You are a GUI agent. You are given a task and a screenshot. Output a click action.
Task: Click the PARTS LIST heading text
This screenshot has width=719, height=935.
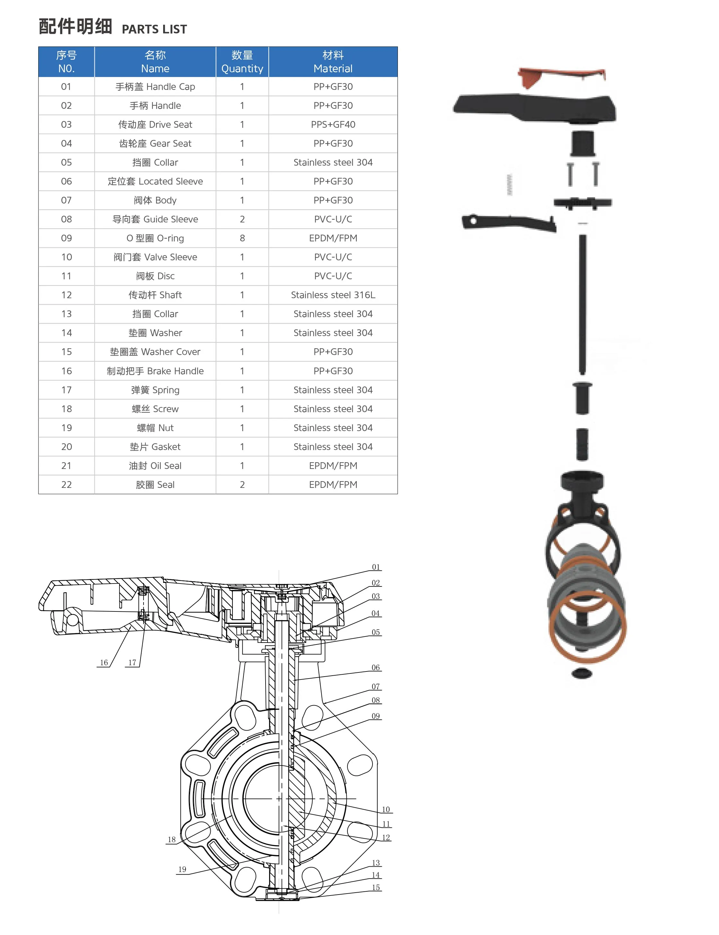tap(154, 29)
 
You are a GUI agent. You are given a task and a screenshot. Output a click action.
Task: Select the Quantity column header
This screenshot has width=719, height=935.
tap(242, 62)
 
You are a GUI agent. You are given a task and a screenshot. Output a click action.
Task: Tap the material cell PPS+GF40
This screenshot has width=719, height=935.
tap(333, 125)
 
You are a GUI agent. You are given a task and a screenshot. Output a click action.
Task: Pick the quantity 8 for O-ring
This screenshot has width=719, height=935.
tap(242, 238)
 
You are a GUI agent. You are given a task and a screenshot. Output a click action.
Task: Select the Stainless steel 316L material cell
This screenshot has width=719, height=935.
tap(333, 295)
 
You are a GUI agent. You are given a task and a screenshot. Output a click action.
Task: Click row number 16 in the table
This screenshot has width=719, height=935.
tap(66, 371)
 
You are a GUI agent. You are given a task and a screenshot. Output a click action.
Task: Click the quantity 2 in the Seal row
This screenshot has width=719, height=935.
tap(242, 485)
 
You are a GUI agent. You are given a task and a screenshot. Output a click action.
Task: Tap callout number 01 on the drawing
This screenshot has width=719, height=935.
tap(375, 567)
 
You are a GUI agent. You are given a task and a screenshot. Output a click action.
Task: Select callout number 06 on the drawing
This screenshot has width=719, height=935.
tap(375, 668)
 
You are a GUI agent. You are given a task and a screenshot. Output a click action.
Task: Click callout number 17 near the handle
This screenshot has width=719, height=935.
tap(132, 662)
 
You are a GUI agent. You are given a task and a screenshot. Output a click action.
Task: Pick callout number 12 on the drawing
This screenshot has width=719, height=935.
tap(386, 837)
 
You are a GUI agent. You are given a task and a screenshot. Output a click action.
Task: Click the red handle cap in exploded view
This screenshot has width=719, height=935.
tap(561, 76)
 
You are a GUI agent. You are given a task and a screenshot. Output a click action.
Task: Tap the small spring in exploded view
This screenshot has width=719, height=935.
tap(509, 185)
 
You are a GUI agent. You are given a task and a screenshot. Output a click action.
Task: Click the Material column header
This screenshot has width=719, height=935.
tap(333, 62)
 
